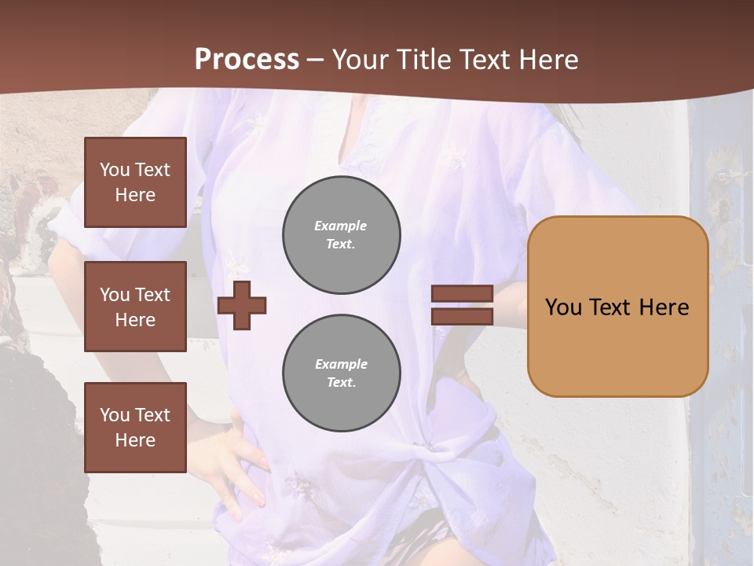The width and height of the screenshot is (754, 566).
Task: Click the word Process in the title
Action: point(247,60)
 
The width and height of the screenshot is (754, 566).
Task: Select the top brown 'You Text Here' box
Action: point(135,182)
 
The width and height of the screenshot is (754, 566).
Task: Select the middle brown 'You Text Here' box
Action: point(135,307)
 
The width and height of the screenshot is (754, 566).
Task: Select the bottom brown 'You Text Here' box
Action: point(135,428)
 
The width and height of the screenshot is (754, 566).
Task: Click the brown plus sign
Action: point(242,305)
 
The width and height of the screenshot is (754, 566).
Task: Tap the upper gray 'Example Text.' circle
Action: point(342,234)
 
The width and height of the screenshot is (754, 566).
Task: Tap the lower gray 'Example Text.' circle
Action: point(342,373)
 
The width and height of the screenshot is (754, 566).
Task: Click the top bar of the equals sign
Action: point(462,294)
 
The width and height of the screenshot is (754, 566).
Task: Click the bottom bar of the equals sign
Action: point(462,316)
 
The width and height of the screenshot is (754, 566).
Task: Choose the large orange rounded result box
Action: point(617,307)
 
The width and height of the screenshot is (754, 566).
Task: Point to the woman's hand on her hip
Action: point(236,456)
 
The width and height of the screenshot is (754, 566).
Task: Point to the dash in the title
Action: point(316,61)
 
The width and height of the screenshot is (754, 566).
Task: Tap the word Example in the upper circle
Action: point(341,226)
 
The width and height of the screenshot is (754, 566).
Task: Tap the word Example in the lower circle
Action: point(341,364)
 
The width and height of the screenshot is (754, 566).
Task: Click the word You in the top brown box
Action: point(114,170)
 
